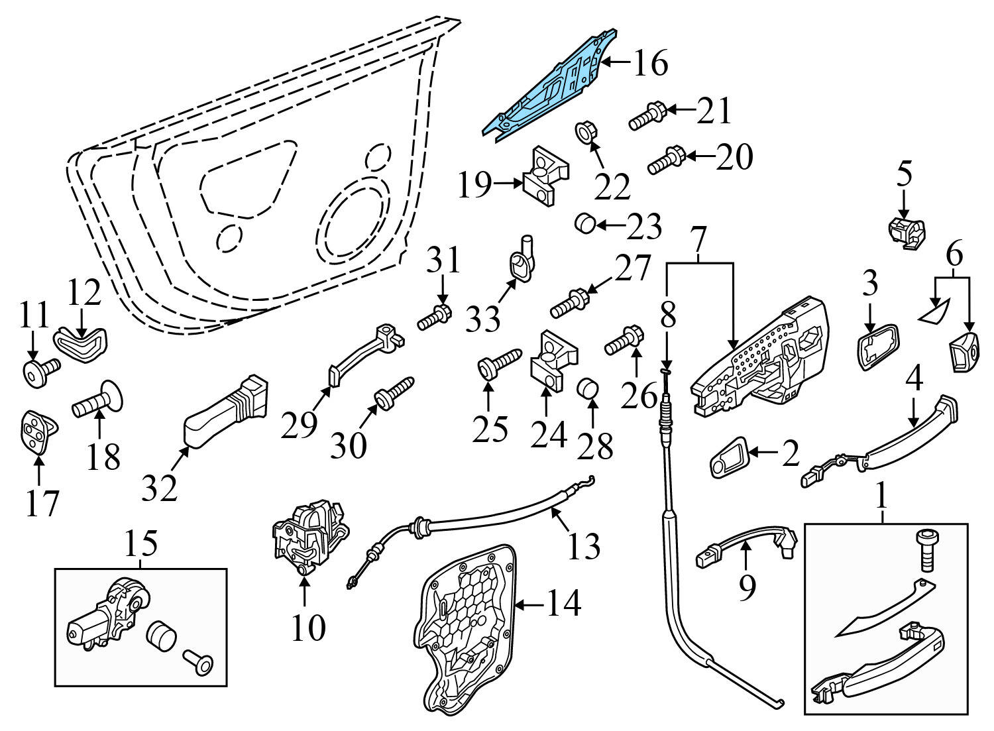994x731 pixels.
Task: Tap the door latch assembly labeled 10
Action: coord(309,535)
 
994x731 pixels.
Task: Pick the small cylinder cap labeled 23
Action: coord(584,223)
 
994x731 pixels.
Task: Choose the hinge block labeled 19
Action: coord(547,175)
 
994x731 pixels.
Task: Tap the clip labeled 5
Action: coord(906,233)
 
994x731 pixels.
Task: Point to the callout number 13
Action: coord(584,546)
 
